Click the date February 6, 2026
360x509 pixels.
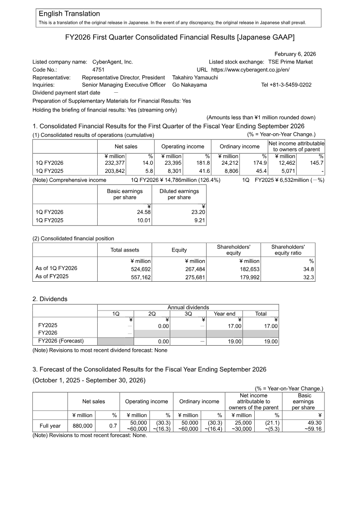tap(295, 54)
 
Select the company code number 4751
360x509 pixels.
tap(99, 70)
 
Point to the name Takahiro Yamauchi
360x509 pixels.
tap(195, 77)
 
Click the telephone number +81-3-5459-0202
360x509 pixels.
tap(286, 85)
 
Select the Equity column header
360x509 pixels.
tap(179, 250)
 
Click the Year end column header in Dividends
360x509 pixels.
tap(224, 314)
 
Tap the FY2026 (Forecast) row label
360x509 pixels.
tap(61, 341)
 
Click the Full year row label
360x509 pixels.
tap(50, 426)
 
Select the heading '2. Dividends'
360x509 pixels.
tap(49, 299)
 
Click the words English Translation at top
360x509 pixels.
tap(69, 14)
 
